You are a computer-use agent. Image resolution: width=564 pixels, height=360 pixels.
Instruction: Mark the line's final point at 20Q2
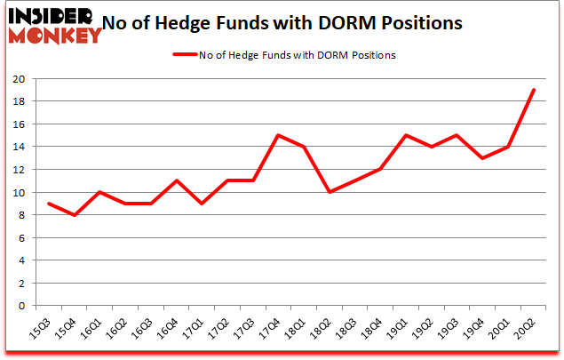[x=533, y=90]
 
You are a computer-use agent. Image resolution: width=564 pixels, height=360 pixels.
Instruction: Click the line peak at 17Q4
[x=279, y=135]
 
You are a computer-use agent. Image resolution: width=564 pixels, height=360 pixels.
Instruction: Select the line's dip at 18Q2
[x=330, y=192]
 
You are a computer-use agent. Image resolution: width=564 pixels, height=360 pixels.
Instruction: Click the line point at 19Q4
[x=482, y=158]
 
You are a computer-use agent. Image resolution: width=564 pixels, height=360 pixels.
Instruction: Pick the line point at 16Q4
[x=178, y=180]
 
